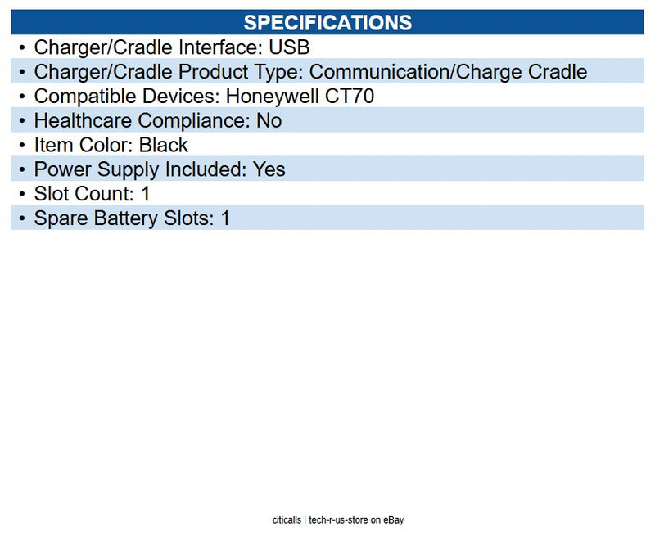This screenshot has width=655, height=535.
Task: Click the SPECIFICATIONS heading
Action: (327, 21)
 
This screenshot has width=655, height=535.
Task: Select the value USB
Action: (289, 47)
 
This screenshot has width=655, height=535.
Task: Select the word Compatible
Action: (80, 97)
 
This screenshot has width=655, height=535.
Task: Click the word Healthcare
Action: (84, 121)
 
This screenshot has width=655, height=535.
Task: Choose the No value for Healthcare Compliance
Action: (269, 121)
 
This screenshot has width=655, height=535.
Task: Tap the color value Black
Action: (164, 146)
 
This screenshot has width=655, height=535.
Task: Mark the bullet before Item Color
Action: (22, 146)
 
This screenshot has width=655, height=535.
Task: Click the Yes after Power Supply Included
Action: (269, 170)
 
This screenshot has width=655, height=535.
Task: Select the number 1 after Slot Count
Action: (146, 195)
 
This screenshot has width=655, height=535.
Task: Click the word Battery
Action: (120, 219)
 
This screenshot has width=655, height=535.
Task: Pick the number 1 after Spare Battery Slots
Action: (225, 219)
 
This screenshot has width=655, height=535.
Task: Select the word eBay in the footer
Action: (394, 520)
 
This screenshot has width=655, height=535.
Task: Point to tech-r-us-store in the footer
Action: (338, 520)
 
